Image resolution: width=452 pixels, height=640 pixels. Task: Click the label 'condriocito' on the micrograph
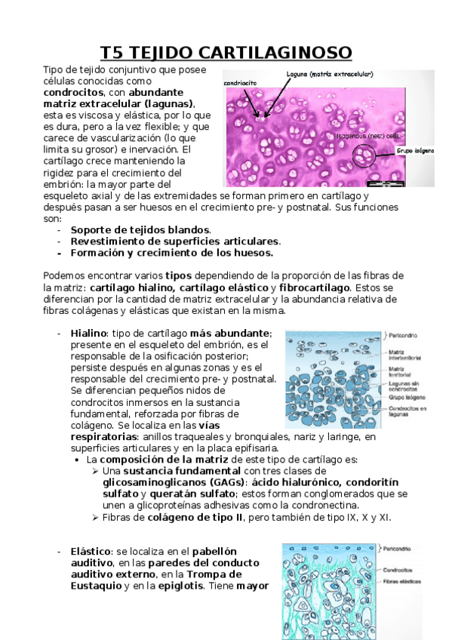pos(240,83)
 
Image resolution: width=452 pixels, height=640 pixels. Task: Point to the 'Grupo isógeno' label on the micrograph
pos(415,151)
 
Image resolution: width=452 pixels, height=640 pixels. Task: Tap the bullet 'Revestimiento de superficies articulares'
pos(175,241)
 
